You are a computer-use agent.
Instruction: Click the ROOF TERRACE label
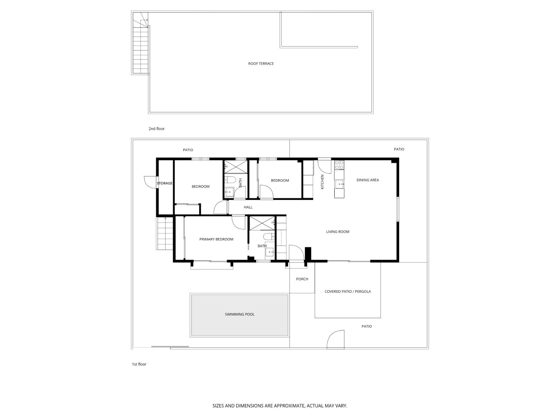point(261,63)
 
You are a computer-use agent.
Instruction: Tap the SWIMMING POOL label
point(239,314)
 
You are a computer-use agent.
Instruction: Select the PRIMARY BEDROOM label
point(216,239)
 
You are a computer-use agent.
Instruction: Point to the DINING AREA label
point(367,180)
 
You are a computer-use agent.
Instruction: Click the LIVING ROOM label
point(337,232)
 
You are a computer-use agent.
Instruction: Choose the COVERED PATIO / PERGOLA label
point(348,292)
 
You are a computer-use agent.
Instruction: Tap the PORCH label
point(302,279)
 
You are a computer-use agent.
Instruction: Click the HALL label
point(248,207)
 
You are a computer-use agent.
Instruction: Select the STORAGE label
point(164,183)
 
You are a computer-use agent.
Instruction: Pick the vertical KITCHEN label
point(322,182)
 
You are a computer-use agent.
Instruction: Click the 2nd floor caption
point(157,129)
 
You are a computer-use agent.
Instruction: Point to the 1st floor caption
point(139,364)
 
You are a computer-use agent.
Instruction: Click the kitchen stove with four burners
point(339,165)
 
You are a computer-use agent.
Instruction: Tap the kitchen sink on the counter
point(339,184)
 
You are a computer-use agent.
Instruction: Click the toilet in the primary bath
point(269,237)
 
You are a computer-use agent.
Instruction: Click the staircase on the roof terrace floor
point(140,43)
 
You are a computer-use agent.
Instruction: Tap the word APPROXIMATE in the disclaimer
point(289,406)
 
